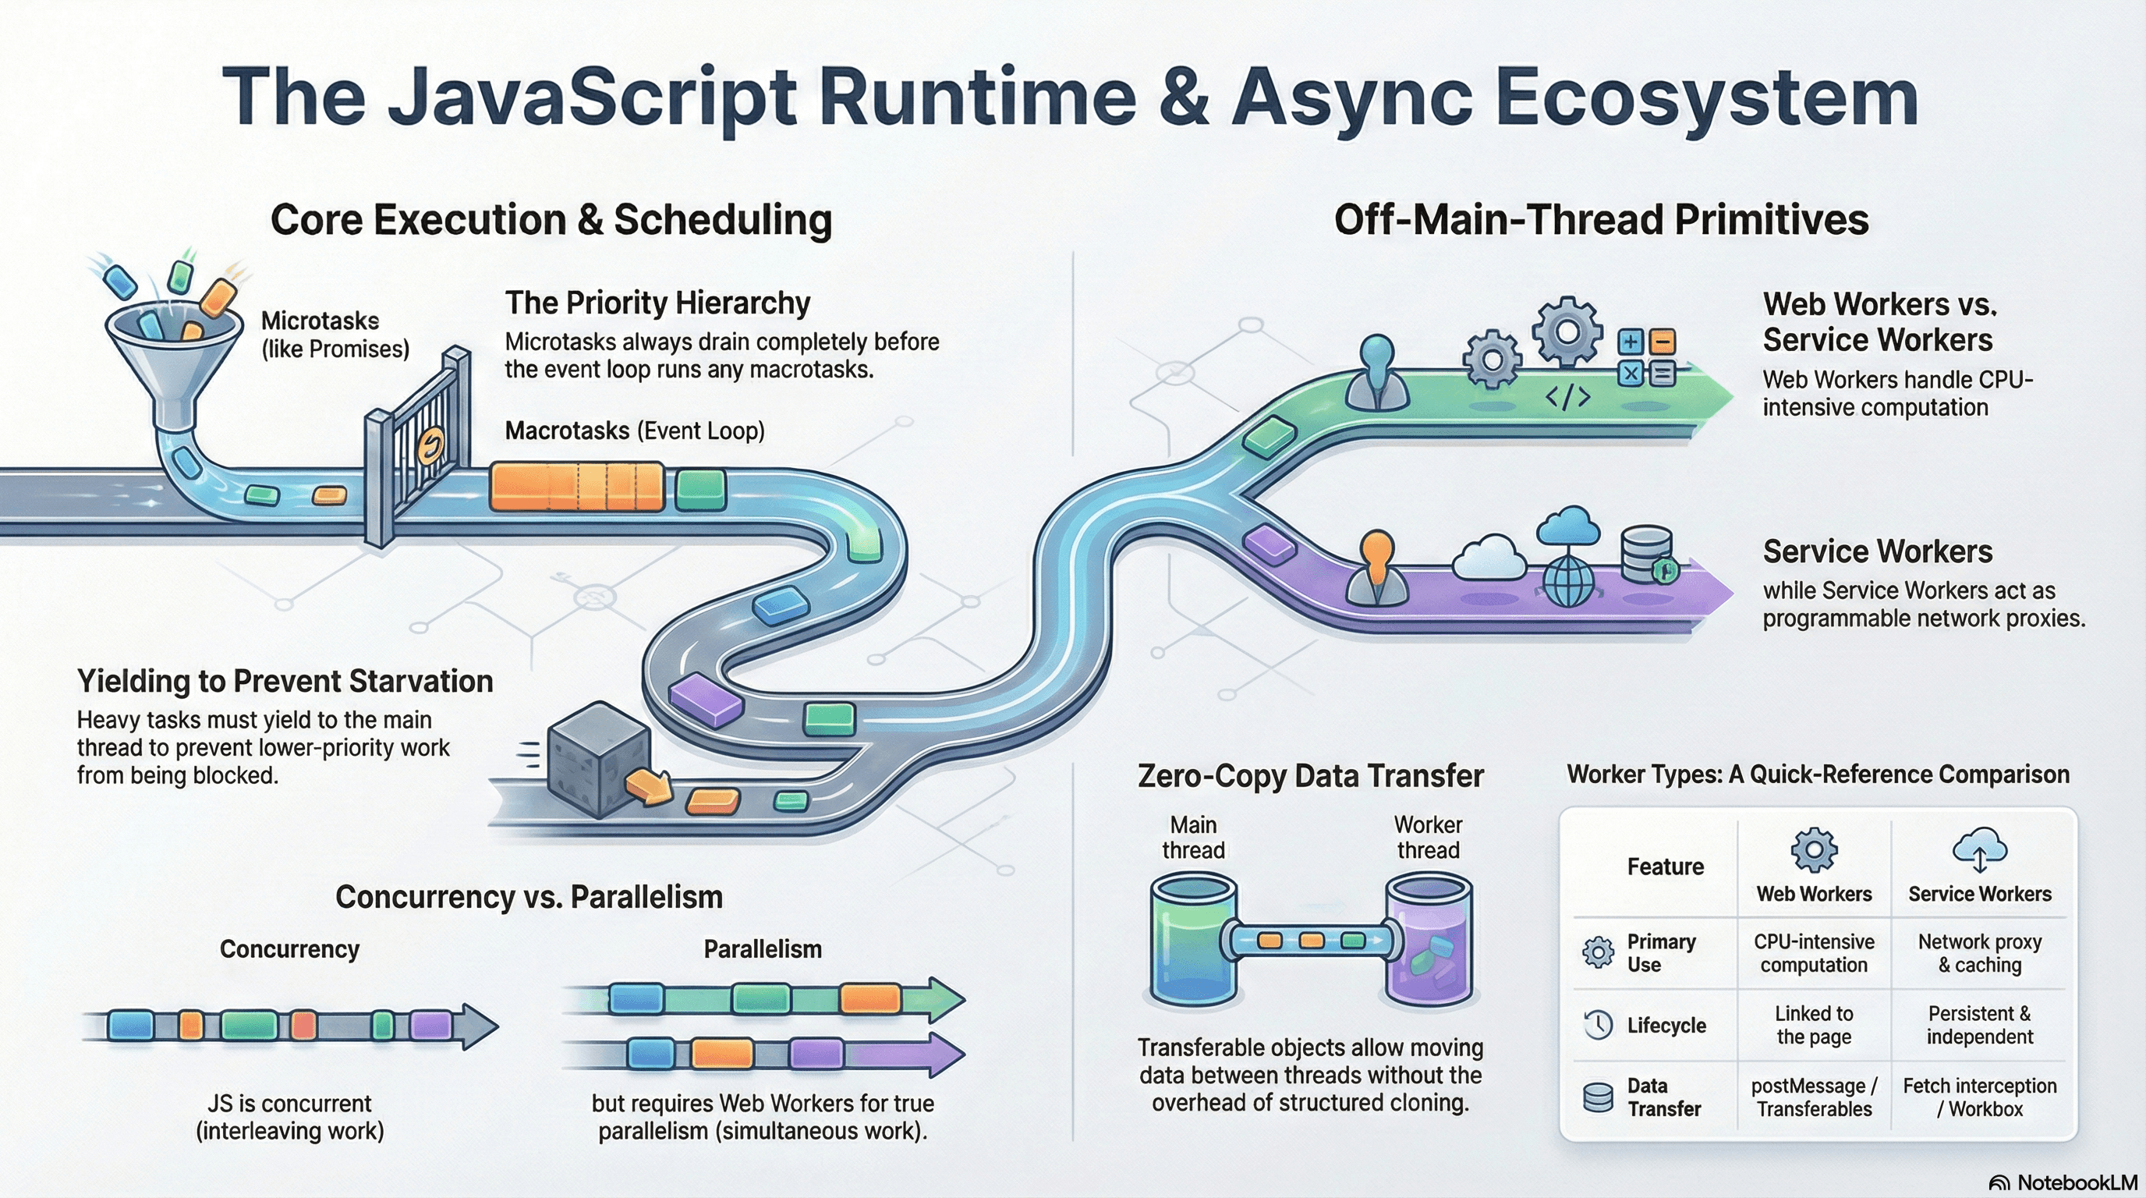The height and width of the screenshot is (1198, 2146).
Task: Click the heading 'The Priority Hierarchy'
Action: click(657, 303)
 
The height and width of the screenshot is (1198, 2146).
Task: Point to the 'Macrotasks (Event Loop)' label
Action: click(635, 431)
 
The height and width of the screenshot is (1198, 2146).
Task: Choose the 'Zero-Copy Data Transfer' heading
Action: click(1310, 775)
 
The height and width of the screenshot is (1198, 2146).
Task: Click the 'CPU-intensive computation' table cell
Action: click(1814, 953)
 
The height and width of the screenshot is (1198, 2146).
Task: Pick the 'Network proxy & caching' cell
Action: click(1979, 953)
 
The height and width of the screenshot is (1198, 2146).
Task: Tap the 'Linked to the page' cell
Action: click(1814, 1025)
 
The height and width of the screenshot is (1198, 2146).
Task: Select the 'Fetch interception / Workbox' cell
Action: click(1979, 1097)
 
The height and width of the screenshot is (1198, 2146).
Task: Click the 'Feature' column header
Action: click(1666, 867)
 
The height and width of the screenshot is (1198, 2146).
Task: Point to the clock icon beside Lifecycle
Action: click(1598, 1025)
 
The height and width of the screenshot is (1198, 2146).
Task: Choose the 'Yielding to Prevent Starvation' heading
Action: click(285, 682)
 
